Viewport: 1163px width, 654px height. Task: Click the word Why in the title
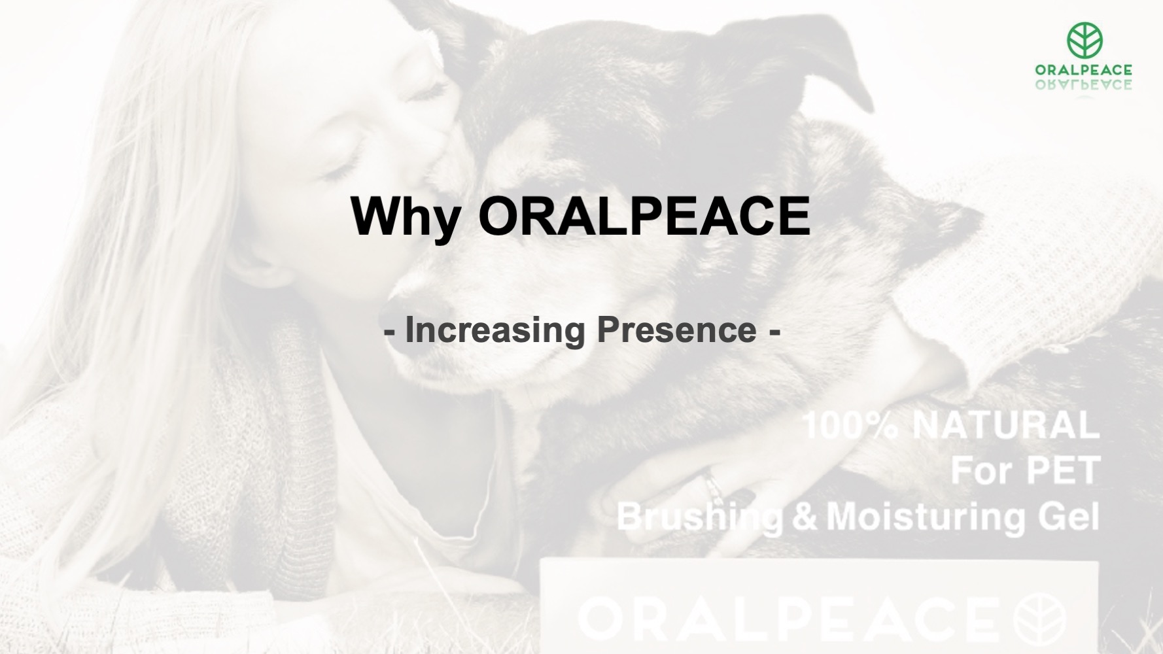tap(406, 217)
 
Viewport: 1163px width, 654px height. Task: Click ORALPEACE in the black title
tap(644, 215)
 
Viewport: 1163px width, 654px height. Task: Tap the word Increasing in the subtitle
tap(495, 330)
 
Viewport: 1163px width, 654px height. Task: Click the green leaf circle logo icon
tap(1085, 39)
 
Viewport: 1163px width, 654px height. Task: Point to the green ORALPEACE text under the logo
tap(1084, 70)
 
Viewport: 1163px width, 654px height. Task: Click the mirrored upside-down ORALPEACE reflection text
tap(1084, 84)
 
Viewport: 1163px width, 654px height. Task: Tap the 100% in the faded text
tap(850, 425)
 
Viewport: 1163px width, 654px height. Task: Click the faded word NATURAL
tap(1005, 425)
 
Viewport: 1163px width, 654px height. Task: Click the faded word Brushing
tap(700, 517)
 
